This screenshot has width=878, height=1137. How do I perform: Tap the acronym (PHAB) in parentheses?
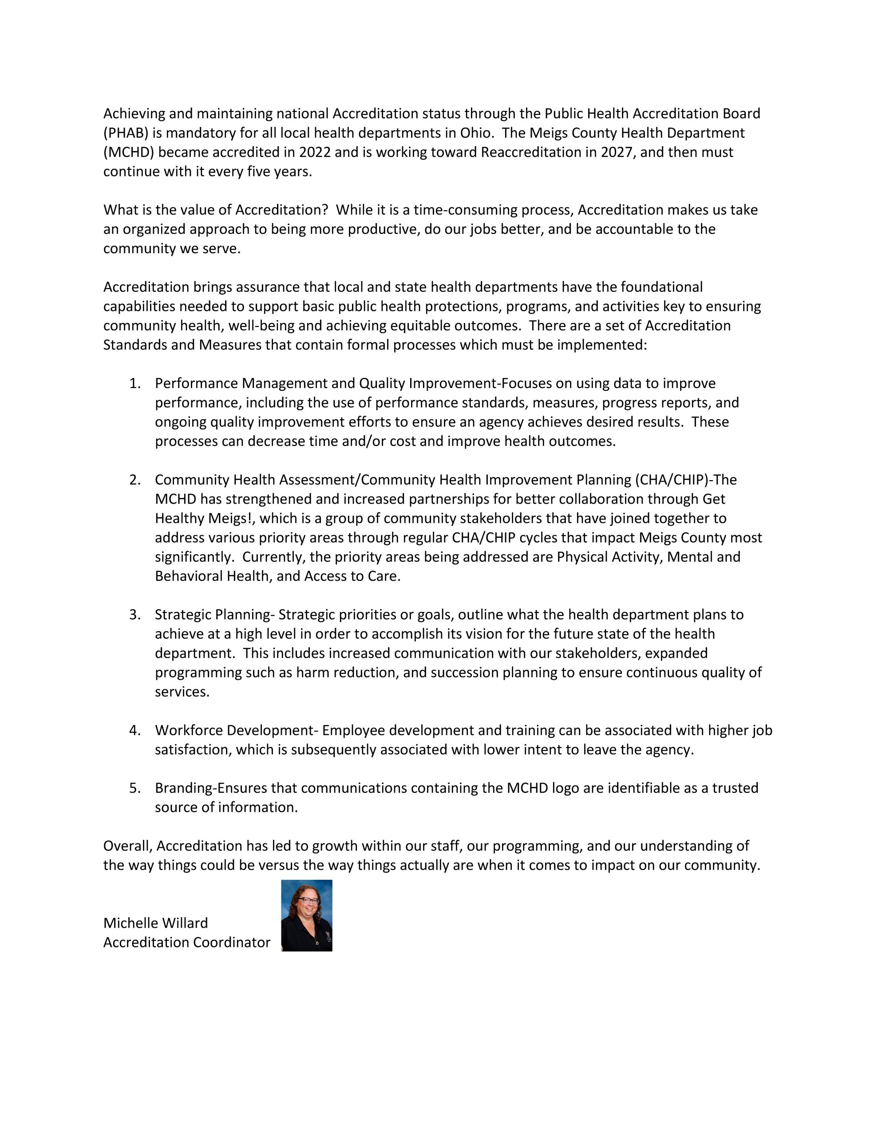(126, 133)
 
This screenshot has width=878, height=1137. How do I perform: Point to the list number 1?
(135, 383)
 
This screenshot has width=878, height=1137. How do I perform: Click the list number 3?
(135, 614)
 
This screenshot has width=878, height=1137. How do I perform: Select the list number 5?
(135, 787)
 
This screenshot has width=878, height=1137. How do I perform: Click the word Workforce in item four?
(189, 730)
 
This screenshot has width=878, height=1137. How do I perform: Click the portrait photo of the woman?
(307, 915)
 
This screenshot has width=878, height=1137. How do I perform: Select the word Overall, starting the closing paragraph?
(127, 846)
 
